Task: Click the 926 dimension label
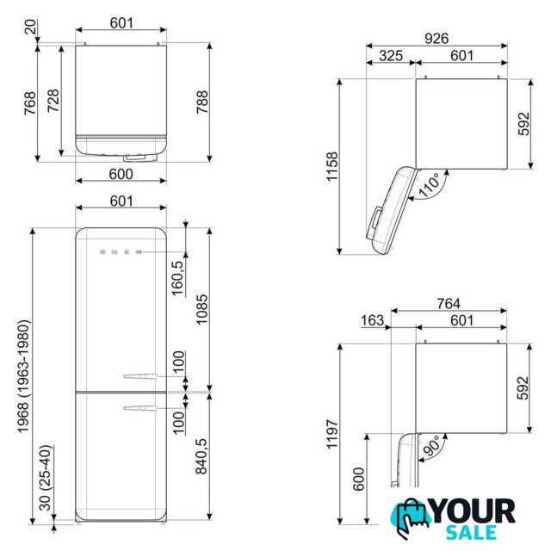[x=436, y=38]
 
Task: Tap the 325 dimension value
[x=391, y=55]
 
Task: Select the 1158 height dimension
[x=332, y=166]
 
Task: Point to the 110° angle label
[x=429, y=184]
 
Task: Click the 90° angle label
[x=430, y=446]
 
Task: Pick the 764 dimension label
[x=449, y=303]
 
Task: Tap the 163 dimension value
[x=373, y=320]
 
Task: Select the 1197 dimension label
[x=332, y=434]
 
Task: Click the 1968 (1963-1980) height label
[x=23, y=376]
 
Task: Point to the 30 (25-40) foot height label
[x=46, y=478]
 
